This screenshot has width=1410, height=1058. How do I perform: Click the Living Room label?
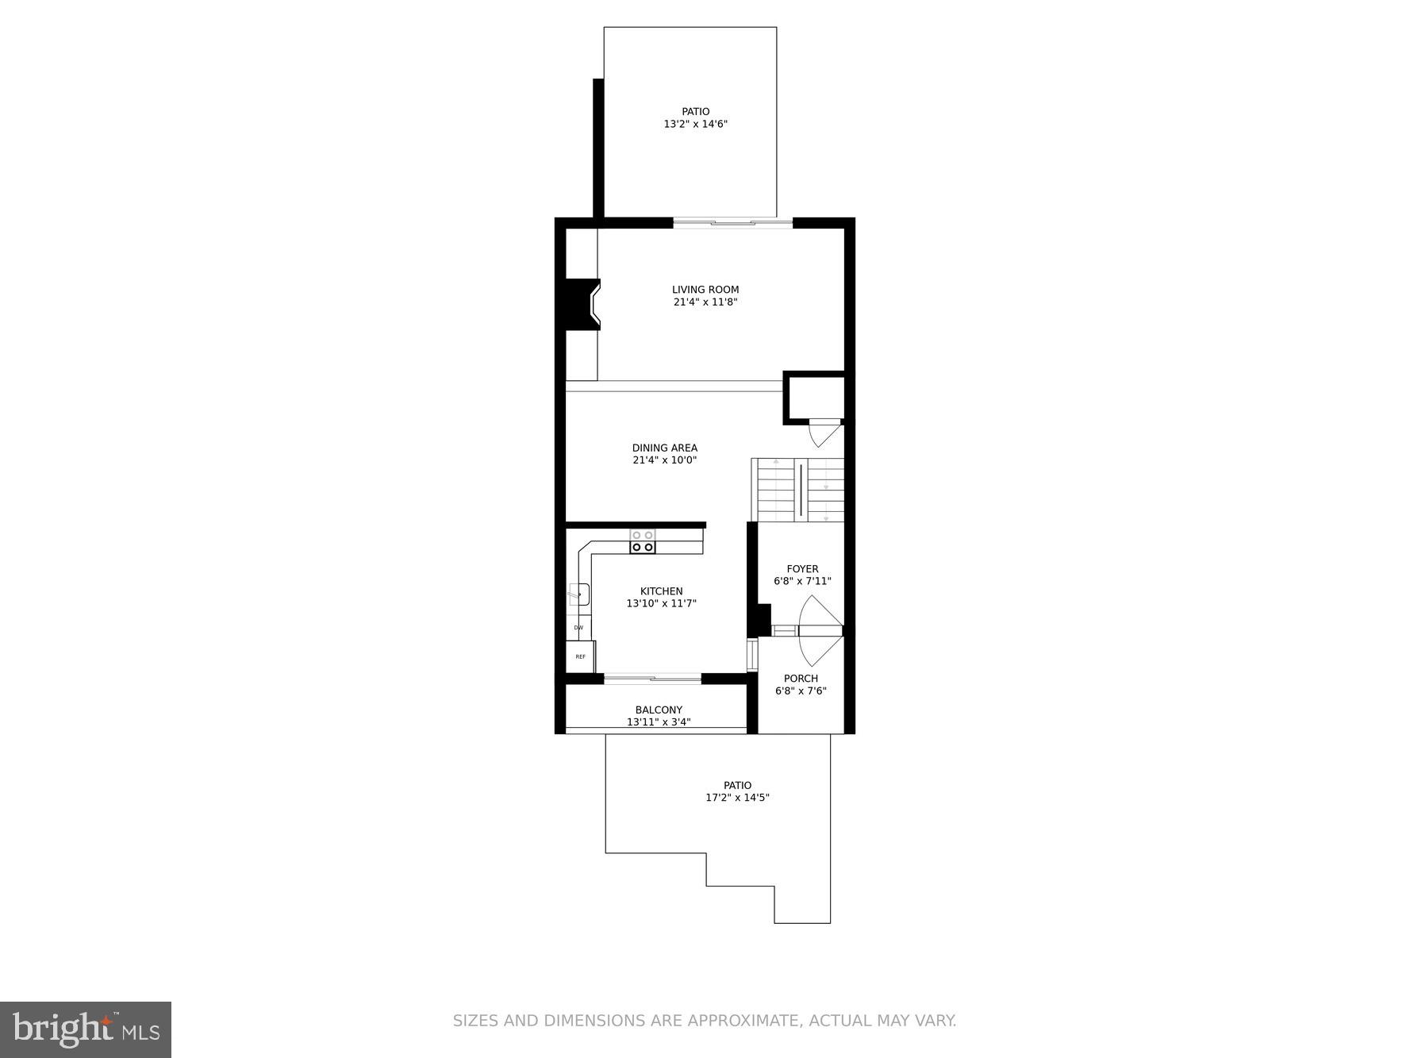pos(705,290)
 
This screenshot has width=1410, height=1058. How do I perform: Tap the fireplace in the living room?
pos(582,304)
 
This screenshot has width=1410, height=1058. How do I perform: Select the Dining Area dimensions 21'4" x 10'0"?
pos(664,460)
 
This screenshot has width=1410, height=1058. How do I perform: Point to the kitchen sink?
pos(579,594)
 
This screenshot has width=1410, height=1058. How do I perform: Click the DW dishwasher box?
pos(578,628)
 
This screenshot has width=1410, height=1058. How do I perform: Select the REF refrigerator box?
pos(580,656)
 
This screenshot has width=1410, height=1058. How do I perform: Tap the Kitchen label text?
pos(661,591)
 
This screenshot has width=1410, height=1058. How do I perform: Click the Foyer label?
pos(802,569)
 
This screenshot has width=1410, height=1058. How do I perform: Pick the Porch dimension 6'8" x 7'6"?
pos(801,691)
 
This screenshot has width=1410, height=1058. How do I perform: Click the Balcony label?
pos(659,710)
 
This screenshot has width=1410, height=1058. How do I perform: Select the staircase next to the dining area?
pos(797,490)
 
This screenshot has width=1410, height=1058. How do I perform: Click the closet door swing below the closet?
pos(824,435)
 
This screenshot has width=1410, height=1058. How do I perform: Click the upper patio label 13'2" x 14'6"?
pos(695,124)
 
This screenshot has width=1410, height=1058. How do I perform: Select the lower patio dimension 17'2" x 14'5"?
pos(737,798)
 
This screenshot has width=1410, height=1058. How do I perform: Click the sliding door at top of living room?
pos(732,224)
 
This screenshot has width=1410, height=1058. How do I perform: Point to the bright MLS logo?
pos(86,1029)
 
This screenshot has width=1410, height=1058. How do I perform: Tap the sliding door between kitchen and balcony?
pos(652,679)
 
